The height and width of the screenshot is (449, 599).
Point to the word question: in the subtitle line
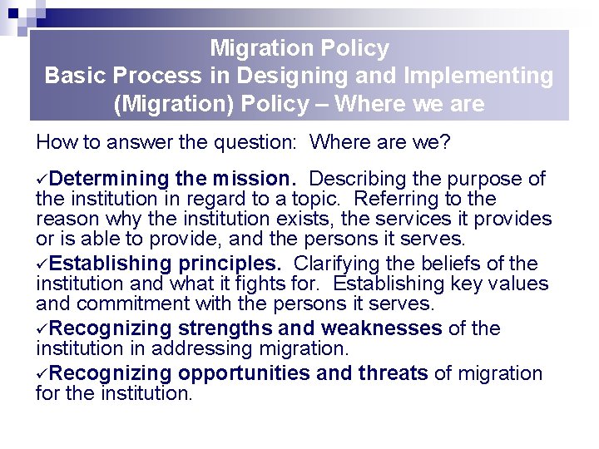[x=259, y=142]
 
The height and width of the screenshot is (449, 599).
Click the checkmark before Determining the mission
[x=42, y=180]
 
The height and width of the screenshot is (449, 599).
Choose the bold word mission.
[x=257, y=180]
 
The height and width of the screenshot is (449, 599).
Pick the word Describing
[x=360, y=180]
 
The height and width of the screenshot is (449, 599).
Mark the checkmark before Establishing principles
[x=42, y=264]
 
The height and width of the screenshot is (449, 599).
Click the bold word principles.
[x=230, y=264]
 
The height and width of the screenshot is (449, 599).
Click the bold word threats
[x=393, y=374]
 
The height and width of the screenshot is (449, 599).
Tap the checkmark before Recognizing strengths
[x=42, y=329]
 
